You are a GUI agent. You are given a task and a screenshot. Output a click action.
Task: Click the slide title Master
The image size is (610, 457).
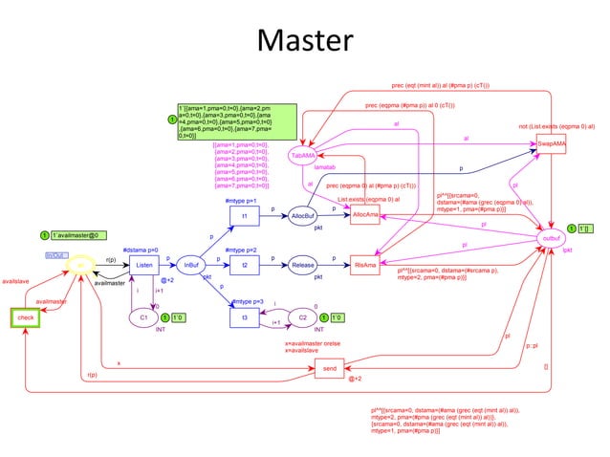(305, 40)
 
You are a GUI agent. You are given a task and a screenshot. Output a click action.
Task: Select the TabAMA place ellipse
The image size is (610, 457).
(303, 155)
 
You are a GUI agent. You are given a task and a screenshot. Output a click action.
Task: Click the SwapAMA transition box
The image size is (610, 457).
(552, 143)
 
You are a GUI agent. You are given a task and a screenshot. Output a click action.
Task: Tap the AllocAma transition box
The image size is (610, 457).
(365, 216)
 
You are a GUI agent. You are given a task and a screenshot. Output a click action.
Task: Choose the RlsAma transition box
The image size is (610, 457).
(365, 263)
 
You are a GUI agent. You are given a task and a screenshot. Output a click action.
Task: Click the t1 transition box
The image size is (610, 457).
(245, 216)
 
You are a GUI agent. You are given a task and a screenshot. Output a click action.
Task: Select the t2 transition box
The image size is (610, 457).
(245, 263)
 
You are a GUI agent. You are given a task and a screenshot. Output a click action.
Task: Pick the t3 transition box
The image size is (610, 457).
(245, 316)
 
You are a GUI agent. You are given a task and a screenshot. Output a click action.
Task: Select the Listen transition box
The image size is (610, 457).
(143, 264)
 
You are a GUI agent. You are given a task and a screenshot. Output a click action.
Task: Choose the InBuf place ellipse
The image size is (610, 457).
(191, 264)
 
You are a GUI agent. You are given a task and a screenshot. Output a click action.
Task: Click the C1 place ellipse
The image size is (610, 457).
(143, 316)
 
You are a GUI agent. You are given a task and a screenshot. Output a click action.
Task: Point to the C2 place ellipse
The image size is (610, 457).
(303, 316)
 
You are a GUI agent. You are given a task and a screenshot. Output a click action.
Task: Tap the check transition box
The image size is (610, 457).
(26, 317)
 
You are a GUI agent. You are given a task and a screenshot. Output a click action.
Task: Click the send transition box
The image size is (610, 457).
(329, 367)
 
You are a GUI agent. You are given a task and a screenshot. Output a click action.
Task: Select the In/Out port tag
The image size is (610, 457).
(56, 255)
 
